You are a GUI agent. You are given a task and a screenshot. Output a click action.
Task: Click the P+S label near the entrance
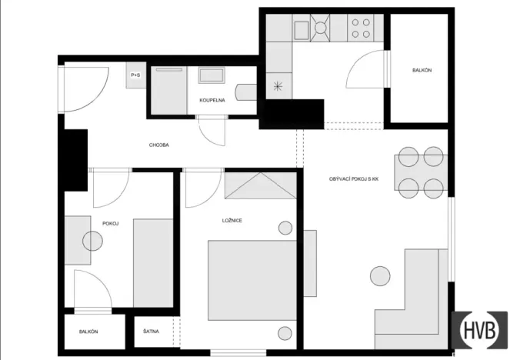tap(135, 75)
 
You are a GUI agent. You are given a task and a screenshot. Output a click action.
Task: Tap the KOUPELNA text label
tap(212, 101)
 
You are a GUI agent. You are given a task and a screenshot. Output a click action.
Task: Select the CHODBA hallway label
tap(159, 145)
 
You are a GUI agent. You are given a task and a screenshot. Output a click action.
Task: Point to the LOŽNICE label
tap(232, 221)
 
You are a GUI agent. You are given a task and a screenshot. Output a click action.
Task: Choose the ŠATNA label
tap(152, 332)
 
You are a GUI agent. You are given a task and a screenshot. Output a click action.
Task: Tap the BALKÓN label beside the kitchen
tap(422, 71)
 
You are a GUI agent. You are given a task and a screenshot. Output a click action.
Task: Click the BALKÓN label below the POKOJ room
tap(88, 332)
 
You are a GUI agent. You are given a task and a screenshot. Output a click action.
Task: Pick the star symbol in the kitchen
tap(277, 86)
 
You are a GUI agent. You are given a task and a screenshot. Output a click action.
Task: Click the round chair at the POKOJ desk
tap(92, 242)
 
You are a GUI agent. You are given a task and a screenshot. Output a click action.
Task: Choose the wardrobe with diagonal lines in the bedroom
tap(261, 186)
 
